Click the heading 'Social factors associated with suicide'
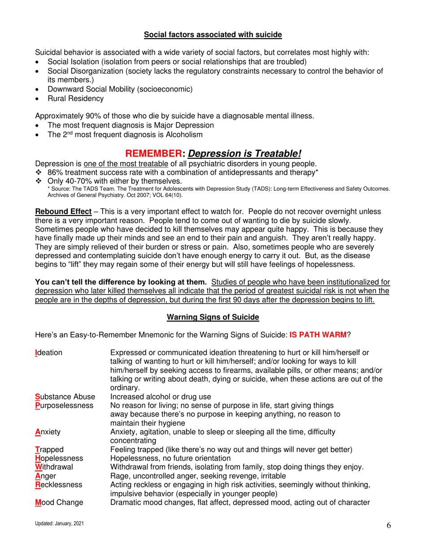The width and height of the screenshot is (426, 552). coord(213,34)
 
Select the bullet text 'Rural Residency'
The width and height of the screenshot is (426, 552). coord(75,98)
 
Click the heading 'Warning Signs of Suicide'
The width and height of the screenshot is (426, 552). coord(213,317)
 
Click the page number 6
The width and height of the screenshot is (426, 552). coord(388,527)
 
